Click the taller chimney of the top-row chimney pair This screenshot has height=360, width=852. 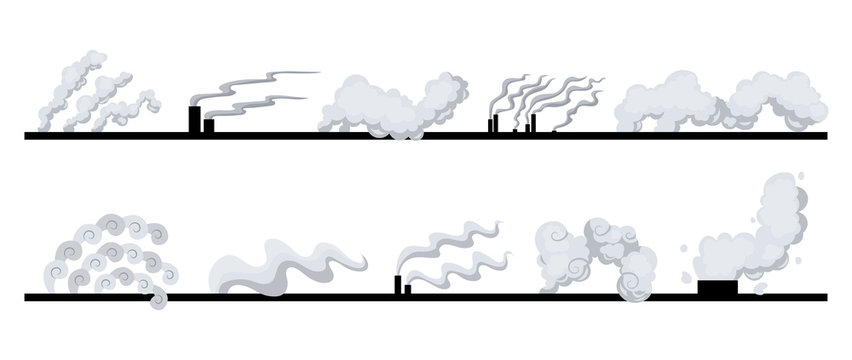click(x=194, y=118)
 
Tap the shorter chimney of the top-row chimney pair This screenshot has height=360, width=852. click(x=208, y=126)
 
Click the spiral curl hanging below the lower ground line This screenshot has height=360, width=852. click(x=157, y=299)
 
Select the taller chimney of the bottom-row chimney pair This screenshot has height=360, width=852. click(x=399, y=285)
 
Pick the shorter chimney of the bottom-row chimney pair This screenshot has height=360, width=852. click(x=408, y=289)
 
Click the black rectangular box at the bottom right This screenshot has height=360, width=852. click(x=716, y=287)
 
